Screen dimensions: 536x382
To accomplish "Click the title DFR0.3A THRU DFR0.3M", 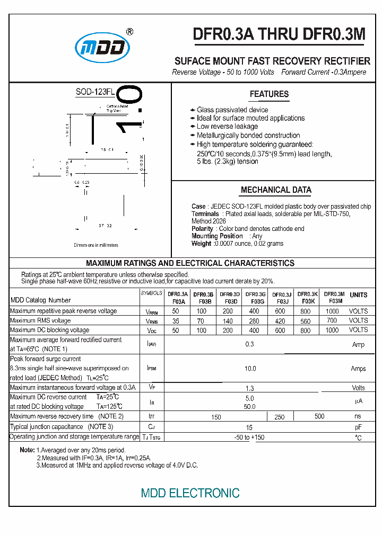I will (x=279, y=34).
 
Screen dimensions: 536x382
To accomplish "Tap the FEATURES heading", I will (x=269, y=94).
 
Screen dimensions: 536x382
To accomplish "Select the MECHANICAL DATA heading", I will (x=276, y=190).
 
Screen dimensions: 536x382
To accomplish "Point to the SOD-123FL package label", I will (x=95, y=92).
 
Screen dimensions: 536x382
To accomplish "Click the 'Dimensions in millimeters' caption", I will (x=96, y=245).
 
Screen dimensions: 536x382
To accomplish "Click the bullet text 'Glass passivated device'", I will (x=232, y=110).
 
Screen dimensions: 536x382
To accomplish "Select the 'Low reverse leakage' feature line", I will (x=227, y=127).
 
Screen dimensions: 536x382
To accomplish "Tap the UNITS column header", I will (x=359, y=295).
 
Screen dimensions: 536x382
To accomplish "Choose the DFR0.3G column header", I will (x=255, y=298).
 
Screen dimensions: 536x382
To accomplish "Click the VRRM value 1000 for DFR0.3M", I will (x=332, y=311).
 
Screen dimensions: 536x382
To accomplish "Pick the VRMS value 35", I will (x=176, y=321).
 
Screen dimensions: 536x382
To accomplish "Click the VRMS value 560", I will (x=306, y=321).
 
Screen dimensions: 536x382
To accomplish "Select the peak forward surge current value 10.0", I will (x=250, y=369).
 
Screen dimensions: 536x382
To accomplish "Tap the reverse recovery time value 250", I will (x=280, y=417).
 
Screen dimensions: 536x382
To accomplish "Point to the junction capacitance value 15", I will (x=249, y=427).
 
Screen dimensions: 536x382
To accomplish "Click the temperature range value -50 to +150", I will (x=249, y=437).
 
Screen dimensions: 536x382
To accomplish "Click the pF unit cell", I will (x=358, y=427).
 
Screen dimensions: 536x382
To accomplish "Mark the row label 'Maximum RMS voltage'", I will (x=40, y=320).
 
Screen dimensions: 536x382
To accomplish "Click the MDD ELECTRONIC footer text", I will (x=190, y=493).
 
